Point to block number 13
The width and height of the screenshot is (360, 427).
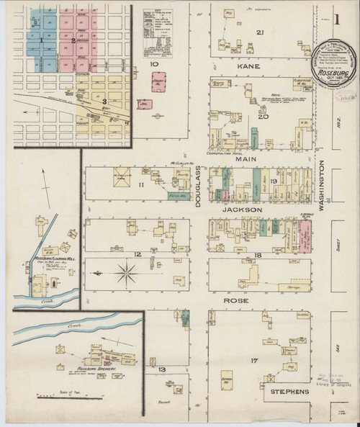[162, 369]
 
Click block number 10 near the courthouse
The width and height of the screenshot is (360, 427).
[153, 64]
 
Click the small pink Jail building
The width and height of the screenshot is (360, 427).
[143, 105]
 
